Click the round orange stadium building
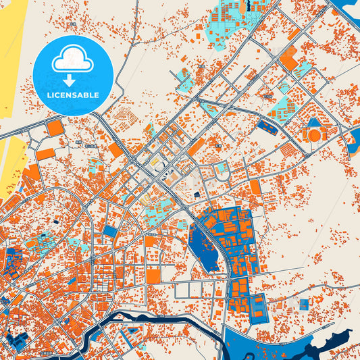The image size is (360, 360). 314,135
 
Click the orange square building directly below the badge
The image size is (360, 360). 55,127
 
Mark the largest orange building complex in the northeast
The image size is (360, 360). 288,62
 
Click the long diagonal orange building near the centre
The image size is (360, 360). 196,147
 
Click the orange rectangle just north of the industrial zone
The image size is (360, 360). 255,187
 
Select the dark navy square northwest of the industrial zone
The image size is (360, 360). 197,195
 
